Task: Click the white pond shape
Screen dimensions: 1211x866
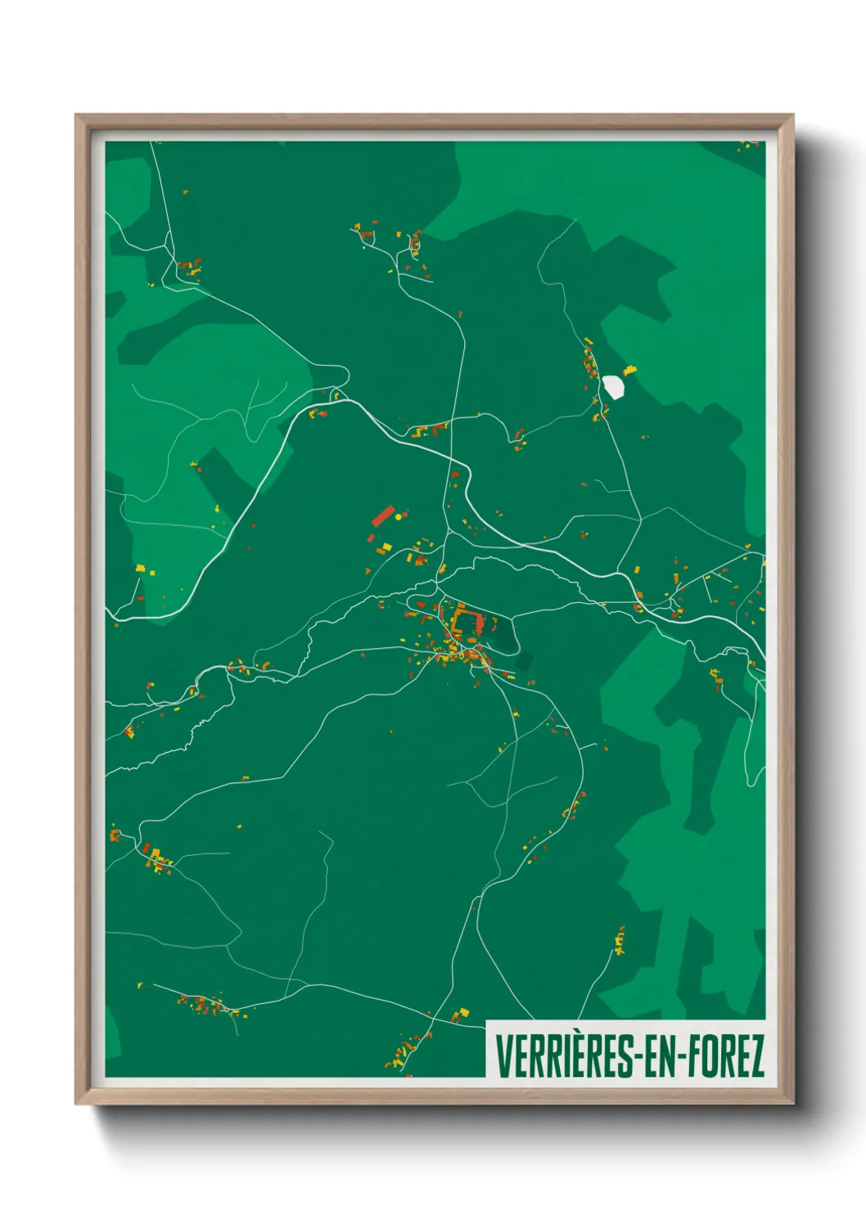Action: tap(613, 386)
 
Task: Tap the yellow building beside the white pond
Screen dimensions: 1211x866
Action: tap(629, 371)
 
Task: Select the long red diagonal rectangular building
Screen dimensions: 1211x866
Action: tap(382, 516)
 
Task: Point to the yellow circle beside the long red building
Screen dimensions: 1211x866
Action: tap(399, 517)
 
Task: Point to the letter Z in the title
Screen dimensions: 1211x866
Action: tap(756, 1056)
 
